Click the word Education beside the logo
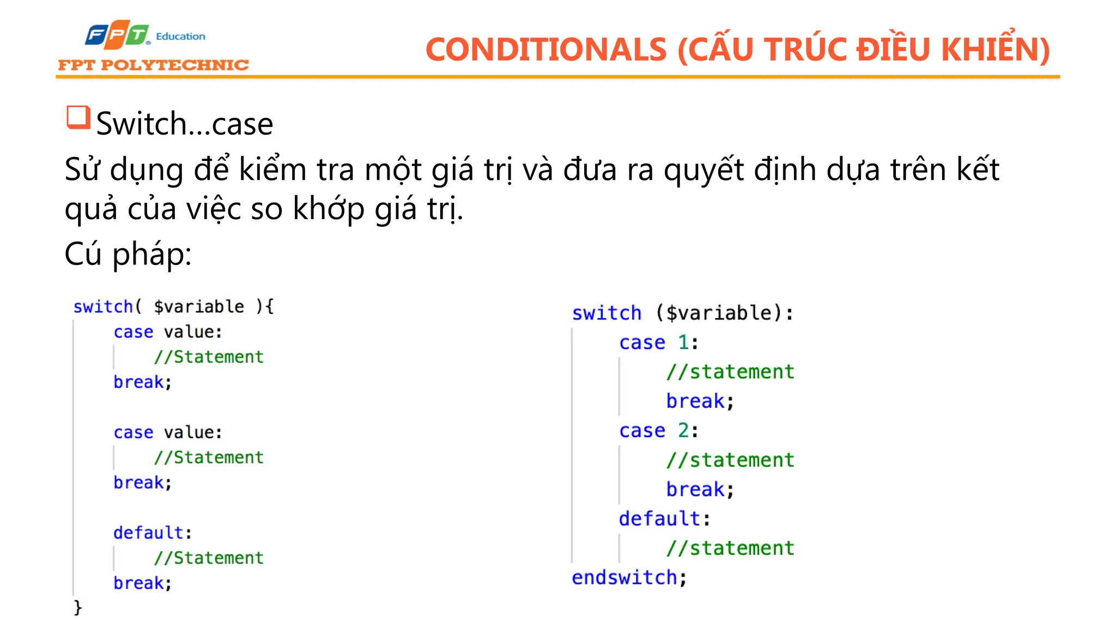180,37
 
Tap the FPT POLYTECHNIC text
153,65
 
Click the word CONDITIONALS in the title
545,50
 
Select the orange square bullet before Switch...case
78,117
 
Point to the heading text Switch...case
185,124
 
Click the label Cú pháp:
128,254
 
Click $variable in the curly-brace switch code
199,306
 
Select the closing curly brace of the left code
78,607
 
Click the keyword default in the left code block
148,533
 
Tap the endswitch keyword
624,577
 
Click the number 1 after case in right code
683,342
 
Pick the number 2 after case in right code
683,431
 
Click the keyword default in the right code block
659,518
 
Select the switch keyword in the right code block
606,313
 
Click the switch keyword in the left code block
103,306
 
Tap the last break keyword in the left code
138,583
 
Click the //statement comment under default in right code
730,548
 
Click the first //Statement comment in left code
209,357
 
